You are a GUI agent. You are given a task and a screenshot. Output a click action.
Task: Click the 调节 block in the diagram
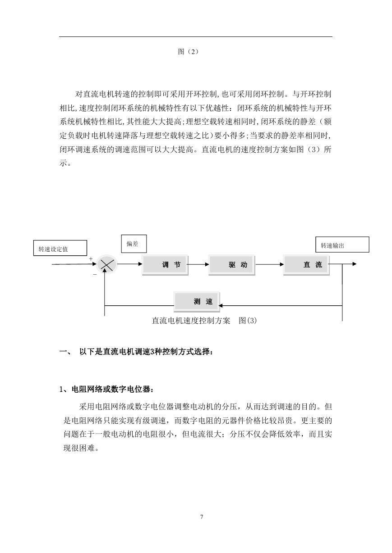point(165,265)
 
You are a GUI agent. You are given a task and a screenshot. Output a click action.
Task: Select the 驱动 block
point(231,265)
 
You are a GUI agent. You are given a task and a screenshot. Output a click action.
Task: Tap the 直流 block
point(306,265)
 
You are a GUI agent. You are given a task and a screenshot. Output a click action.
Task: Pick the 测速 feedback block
point(197,301)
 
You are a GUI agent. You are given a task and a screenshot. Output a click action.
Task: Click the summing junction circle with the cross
point(107,264)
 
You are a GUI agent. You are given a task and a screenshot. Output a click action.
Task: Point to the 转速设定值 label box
point(60,248)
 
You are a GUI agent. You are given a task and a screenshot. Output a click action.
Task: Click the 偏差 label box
point(134,244)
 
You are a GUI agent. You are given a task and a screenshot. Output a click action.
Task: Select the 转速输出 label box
point(342,245)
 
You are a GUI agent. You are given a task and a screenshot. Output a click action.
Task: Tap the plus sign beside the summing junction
point(91,258)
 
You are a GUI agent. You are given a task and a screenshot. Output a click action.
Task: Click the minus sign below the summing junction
point(95,274)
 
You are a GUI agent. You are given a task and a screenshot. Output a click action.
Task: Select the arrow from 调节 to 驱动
point(198,264)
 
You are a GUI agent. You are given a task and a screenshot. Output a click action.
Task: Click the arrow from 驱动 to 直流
point(270,264)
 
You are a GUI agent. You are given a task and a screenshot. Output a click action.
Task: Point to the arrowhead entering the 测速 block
point(221,306)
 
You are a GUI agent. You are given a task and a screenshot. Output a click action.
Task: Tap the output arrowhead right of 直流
point(355,264)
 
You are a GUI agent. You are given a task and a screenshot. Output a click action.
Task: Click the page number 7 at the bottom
point(202,517)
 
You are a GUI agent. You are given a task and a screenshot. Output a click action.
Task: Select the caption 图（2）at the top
point(188,52)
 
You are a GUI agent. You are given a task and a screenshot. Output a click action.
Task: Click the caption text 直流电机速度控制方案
point(191,321)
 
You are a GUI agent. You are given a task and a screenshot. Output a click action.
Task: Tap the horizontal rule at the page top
point(196,37)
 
